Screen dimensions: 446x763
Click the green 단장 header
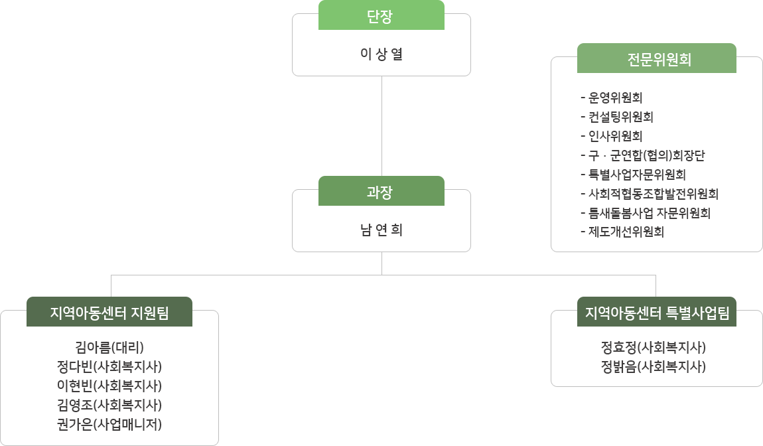pyautogui.click(x=381, y=16)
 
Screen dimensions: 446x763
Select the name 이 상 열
pyautogui.click(x=381, y=54)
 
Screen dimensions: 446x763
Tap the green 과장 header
pyautogui.click(x=381, y=192)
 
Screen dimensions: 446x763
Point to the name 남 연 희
pyautogui.click(x=381, y=230)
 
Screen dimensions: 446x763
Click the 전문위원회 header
pyautogui.click(x=656, y=58)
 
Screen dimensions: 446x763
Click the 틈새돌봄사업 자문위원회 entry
pyautogui.click(x=649, y=213)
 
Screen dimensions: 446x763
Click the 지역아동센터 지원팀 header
pyautogui.click(x=109, y=313)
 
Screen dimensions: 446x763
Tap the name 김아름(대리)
pyautogui.click(x=109, y=347)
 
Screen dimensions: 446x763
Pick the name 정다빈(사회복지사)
pyautogui.click(x=109, y=366)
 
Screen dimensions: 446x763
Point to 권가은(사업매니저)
pyautogui.click(x=109, y=424)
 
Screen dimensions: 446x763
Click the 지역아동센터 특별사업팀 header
pyautogui.click(x=656, y=313)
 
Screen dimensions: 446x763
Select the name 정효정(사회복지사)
pyautogui.click(x=653, y=347)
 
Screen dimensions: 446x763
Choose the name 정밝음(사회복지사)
pyautogui.click(x=653, y=366)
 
